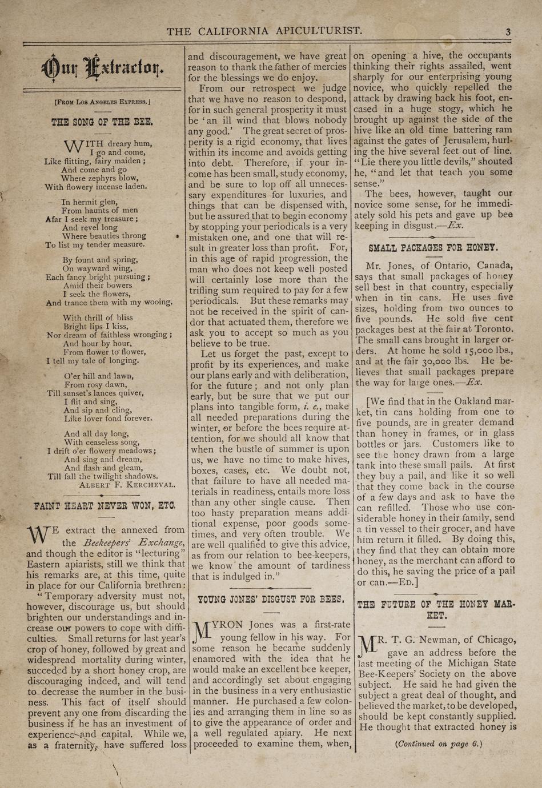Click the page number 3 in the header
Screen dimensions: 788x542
tap(508, 32)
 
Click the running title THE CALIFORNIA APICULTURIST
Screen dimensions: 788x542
tap(264, 31)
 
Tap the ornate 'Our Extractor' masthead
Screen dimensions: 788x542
tap(103, 69)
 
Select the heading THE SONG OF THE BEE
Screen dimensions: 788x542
tap(102, 122)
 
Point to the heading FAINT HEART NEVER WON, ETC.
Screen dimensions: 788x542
tap(105, 506)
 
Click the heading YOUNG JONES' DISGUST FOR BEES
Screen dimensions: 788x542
tap(271, 600)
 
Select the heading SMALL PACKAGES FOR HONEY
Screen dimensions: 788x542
tap(433, 248)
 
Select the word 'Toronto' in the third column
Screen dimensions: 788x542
tap(493, 329)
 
